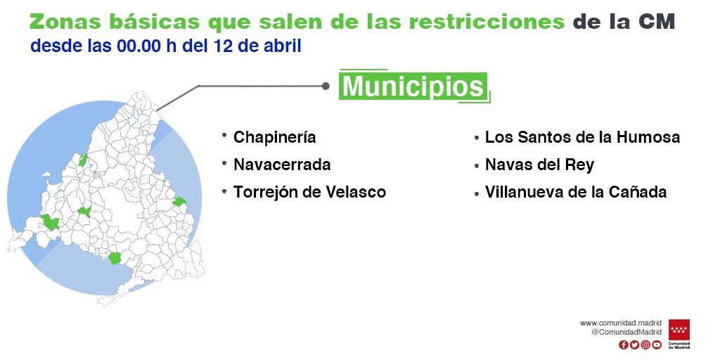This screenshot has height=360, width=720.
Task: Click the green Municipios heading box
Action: coord(413,86)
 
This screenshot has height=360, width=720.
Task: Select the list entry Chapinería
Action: coord(275,137)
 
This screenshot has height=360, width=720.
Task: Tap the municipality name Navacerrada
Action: coord(282,165)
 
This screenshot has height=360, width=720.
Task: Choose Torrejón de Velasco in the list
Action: coord(309,192)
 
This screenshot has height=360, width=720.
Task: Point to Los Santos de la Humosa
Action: coord(582,137)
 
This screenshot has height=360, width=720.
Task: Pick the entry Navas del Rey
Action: coord(539,165)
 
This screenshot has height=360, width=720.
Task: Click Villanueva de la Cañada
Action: coord(576,192)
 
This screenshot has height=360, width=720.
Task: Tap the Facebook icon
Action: coord(623,345)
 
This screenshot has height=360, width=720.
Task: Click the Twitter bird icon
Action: coord(634,345)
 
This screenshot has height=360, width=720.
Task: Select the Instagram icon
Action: coord(645,345)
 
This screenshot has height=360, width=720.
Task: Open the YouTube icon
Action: coord(657,345)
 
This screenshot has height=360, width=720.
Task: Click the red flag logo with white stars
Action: coord(679,330)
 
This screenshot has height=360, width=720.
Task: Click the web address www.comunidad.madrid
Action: coord(620,323)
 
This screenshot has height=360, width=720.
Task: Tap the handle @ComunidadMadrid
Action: coord(626,332)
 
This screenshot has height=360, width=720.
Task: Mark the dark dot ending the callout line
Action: coord(326,86)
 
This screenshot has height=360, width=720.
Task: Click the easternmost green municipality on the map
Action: coord(179,202)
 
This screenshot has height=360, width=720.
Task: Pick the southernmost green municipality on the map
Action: coord(114,258)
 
